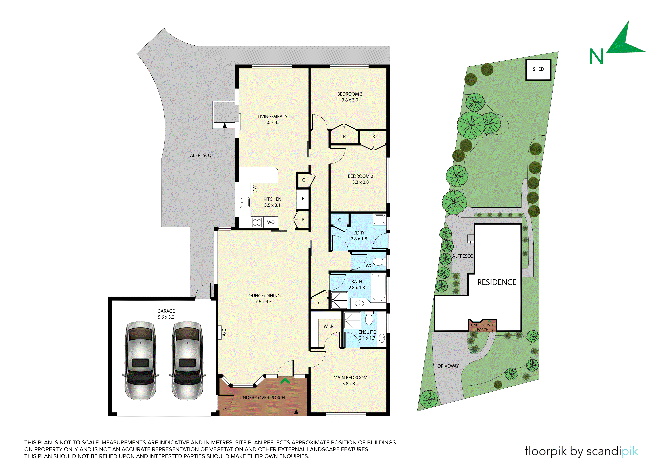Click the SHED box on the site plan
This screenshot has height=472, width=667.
click(538, 70)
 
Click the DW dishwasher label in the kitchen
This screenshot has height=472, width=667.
click(255, 189)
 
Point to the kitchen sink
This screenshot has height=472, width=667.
click(245, 202)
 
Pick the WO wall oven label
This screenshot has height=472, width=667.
click(271, 222)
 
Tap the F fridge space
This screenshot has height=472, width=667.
click(303, 199)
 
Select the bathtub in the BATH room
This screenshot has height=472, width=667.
click(378, 288)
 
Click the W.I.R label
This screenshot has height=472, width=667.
click(329, 326)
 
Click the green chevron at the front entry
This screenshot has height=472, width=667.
click(285, 381)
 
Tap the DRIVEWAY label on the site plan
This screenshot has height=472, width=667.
click(448, 366)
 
